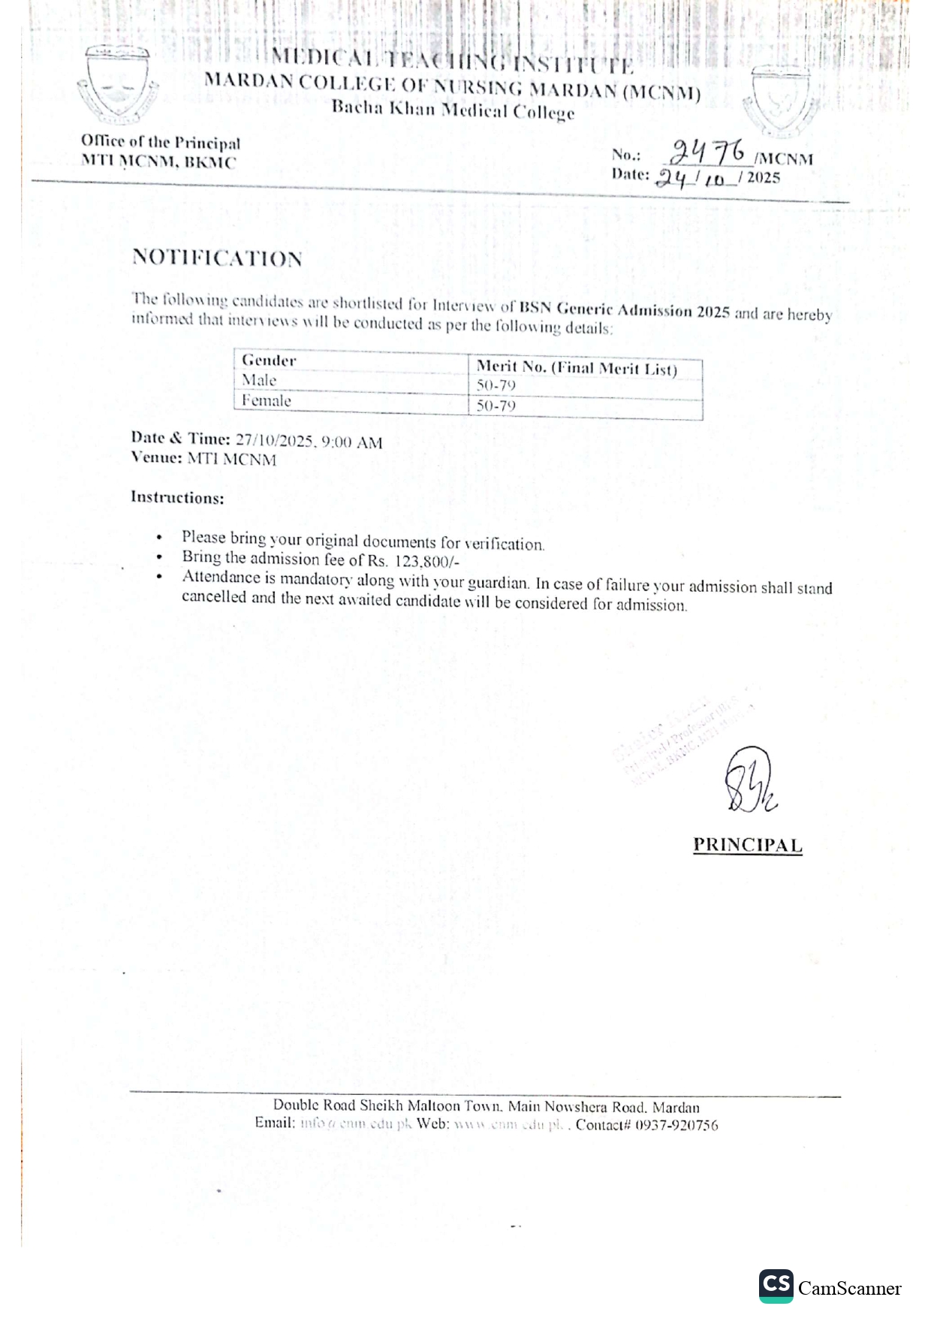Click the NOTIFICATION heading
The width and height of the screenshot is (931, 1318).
[217, 258]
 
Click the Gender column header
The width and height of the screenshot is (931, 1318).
[269, 360]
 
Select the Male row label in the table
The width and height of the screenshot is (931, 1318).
[259, 380]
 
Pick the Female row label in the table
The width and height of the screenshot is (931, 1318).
[267, 401]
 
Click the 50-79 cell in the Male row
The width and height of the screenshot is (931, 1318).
[496, 386]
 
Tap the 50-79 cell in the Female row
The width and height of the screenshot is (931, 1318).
[496, 406]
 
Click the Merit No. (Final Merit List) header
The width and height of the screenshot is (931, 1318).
[577, 368]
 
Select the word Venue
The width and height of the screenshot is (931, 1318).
[155, 457]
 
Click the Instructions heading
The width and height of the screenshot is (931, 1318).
[177, 497]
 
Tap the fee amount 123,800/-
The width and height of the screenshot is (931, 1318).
[426, 561]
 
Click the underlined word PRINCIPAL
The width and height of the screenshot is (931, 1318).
[747, 845]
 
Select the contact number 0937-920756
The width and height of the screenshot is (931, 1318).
[676, 1125]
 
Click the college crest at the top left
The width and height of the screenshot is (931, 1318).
[118, 85]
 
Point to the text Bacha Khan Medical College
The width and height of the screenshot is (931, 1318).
[453, 110]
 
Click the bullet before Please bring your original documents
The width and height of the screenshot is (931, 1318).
[159, 538]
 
